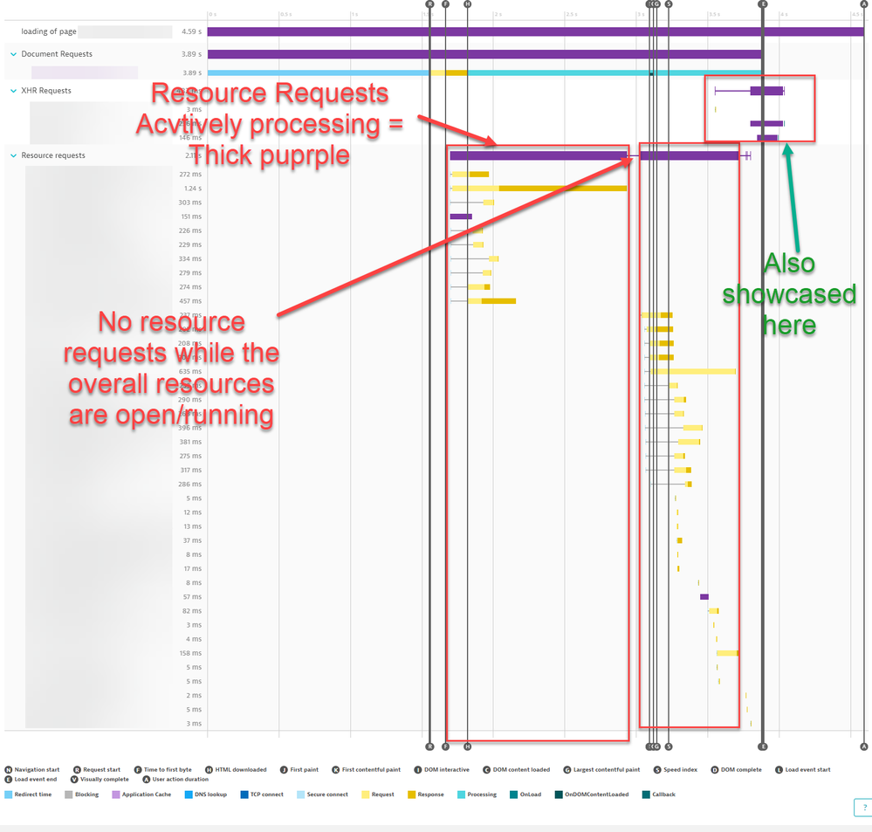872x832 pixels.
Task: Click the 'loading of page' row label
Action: [49, 31]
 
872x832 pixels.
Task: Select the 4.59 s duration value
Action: [191, 31]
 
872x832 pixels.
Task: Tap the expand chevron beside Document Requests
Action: [13, 54]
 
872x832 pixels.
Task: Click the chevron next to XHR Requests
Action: [13, 91]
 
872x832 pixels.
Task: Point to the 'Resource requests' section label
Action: [53, 155]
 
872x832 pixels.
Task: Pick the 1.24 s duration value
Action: [192, 189]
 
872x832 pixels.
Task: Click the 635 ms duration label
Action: [190, 371]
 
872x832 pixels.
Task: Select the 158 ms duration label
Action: [190, 653]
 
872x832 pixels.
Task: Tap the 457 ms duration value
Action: [190, 301]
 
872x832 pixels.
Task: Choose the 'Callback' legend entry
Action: [663, 794]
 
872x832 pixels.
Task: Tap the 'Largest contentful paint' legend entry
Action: [607, 770]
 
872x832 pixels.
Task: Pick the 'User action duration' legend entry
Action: [181, 780]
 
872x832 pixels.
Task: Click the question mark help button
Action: [862, 808]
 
